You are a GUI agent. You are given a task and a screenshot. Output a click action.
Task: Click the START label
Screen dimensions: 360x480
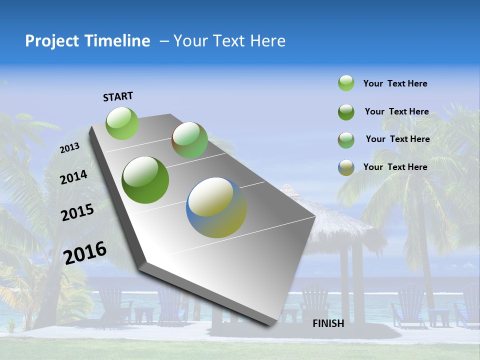(x=118, y=96)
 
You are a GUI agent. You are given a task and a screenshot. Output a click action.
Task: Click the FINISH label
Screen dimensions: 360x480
(x=328, y=323)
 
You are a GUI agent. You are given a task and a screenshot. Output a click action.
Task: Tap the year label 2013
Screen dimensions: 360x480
(x=69, y=148)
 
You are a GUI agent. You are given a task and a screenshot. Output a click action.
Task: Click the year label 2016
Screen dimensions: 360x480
(x=85, y=252)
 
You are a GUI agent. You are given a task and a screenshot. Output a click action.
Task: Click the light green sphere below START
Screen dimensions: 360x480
(x=122, y=123)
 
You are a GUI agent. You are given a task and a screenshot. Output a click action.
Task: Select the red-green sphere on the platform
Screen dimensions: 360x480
(x=189, y=140)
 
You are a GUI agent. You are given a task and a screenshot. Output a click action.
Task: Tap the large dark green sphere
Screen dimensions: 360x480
(x=145, y=180)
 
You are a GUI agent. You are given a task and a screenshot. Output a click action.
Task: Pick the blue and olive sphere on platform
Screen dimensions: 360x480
(x=216, y=207)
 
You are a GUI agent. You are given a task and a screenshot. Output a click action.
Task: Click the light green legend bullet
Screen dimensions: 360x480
(x=346, y=83)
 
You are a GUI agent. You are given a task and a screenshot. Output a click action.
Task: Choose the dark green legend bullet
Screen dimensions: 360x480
(x=346, y=112)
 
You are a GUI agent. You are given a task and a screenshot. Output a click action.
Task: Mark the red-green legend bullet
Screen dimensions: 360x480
(x=346, y=139)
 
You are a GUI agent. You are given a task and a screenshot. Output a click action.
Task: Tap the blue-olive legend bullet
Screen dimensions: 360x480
(x=346, y=167)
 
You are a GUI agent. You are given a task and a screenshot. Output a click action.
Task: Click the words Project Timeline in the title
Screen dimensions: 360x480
(x=87, y=41)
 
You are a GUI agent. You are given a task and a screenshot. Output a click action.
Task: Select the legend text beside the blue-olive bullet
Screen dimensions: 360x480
(x=395, y=167)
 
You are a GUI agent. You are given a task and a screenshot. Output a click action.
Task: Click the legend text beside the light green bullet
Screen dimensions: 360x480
(x=395, y=83)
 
